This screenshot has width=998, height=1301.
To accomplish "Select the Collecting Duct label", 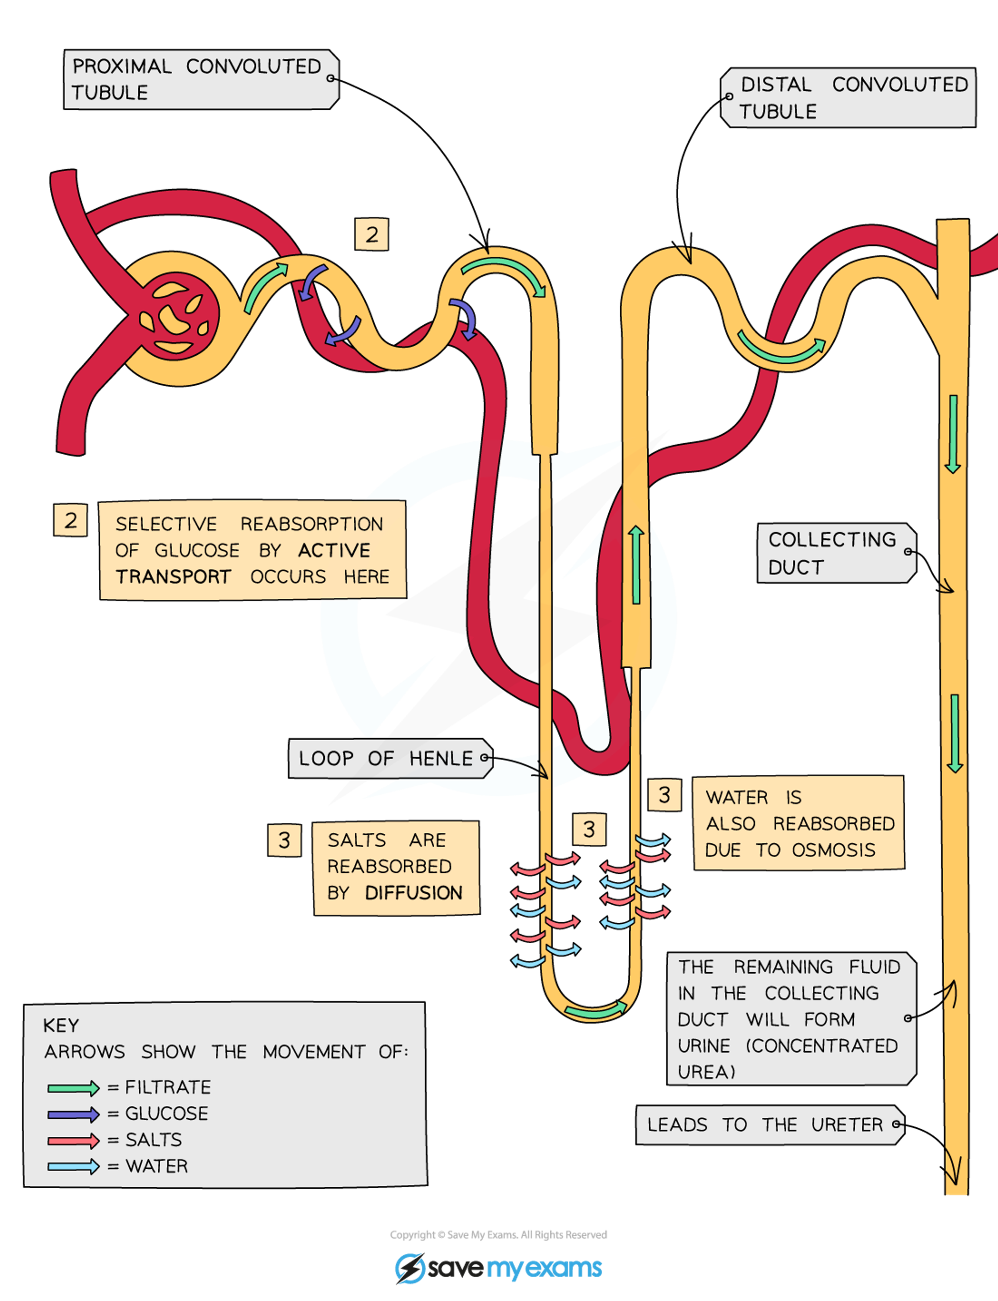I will pos(835,553).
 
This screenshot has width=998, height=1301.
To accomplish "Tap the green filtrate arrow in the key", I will pos(73,1088).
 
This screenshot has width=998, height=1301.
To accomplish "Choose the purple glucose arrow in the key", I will pos(73,1114).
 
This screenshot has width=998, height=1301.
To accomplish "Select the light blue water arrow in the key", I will pos(73,1167).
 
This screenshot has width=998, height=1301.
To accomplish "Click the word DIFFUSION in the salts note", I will pos(414,893).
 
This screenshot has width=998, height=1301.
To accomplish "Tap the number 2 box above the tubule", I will pos(372,235).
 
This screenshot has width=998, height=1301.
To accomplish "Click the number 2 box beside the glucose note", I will pos(70,520).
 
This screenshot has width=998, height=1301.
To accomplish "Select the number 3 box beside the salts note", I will pos(284,840).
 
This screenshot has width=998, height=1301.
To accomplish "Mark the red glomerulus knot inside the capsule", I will pos(175,318).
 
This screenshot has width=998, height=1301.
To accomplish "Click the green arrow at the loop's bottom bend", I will pos(595,1010).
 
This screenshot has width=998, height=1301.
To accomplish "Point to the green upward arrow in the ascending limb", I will pos(636,564).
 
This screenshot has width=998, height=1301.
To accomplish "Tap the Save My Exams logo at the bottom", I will pos(499,1269).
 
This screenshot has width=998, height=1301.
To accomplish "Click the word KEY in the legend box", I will pos(60,1026).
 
